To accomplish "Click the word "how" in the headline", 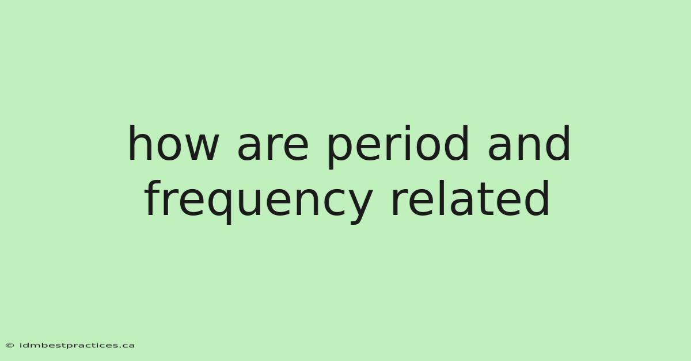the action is tap(174, 143).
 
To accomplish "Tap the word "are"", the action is tap(273, 147).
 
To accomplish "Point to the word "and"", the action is tap(529, 143).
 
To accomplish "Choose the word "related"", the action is tap(470, 198).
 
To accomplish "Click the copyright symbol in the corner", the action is tap(10, 345).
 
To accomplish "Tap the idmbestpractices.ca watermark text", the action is tap(77, 345).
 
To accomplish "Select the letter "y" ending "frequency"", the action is tap(355, 206).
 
